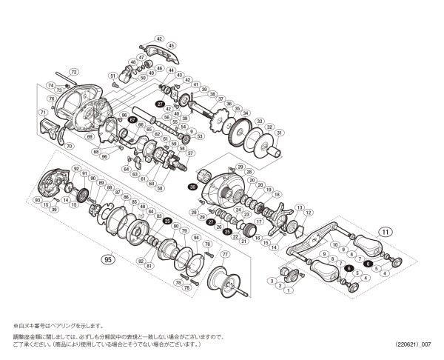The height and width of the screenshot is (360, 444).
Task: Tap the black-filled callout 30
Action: pos(193,188)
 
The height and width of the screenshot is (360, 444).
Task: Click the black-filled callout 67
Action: pos(132,119)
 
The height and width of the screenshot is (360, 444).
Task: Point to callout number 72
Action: pos(73,72)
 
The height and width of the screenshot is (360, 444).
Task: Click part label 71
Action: pos(44,112)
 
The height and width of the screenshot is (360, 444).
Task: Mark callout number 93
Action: pos(36,199)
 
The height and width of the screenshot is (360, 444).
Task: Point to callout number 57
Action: pos(190,153)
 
